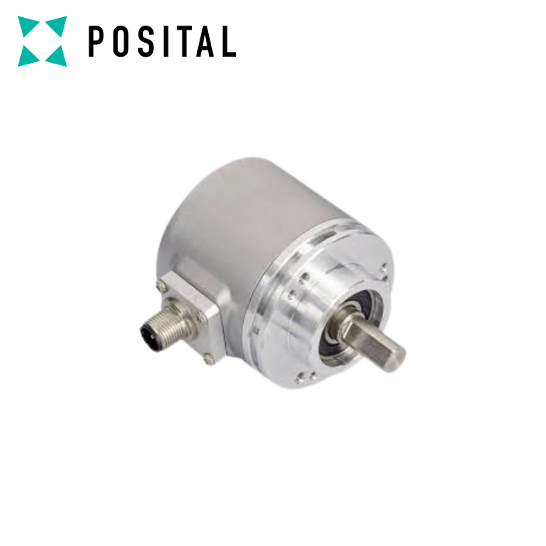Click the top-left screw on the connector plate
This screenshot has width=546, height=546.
tap(162, 287)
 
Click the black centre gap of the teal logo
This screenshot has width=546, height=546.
tap(43, 41)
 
